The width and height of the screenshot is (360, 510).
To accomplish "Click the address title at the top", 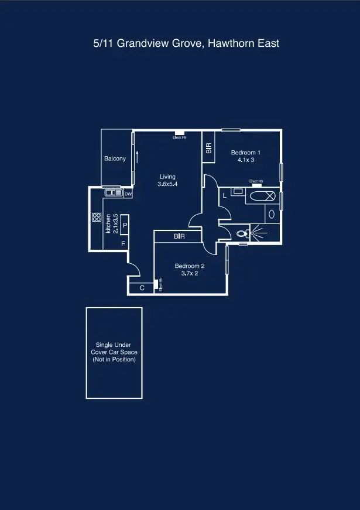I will [x=186, y=43].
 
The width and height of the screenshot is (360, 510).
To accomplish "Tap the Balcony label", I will [x=115, y=158].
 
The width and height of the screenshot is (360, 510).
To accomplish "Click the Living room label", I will [x=167, y=180].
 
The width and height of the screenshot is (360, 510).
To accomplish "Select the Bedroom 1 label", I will [x=245, y=156].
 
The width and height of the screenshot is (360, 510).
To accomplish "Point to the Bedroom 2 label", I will [x=189, y=269].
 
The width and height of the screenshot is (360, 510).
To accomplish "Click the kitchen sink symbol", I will [x=113, y=193].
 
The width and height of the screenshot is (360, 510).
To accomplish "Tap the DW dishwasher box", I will [x=128, y=194].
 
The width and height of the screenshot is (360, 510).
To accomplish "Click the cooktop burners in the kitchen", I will [x=97, y=217].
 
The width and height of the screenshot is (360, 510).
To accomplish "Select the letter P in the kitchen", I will [x=125, y=225].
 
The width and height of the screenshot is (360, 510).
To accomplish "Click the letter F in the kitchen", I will [x=123, y=243].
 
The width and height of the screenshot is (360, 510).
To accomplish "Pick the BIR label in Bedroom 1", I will [x=208, y=149].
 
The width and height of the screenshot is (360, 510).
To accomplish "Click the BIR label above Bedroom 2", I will [x=180, y=236].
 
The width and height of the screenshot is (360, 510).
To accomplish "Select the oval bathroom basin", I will [x=272, y=214].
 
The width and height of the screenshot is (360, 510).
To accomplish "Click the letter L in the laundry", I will [x=225, y=196].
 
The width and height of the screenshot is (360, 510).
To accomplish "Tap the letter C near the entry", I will [x=142, y=288].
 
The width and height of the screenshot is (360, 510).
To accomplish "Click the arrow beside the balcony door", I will [x=137, y=157].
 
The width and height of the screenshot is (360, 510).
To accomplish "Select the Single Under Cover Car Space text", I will [x=114, y=352].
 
